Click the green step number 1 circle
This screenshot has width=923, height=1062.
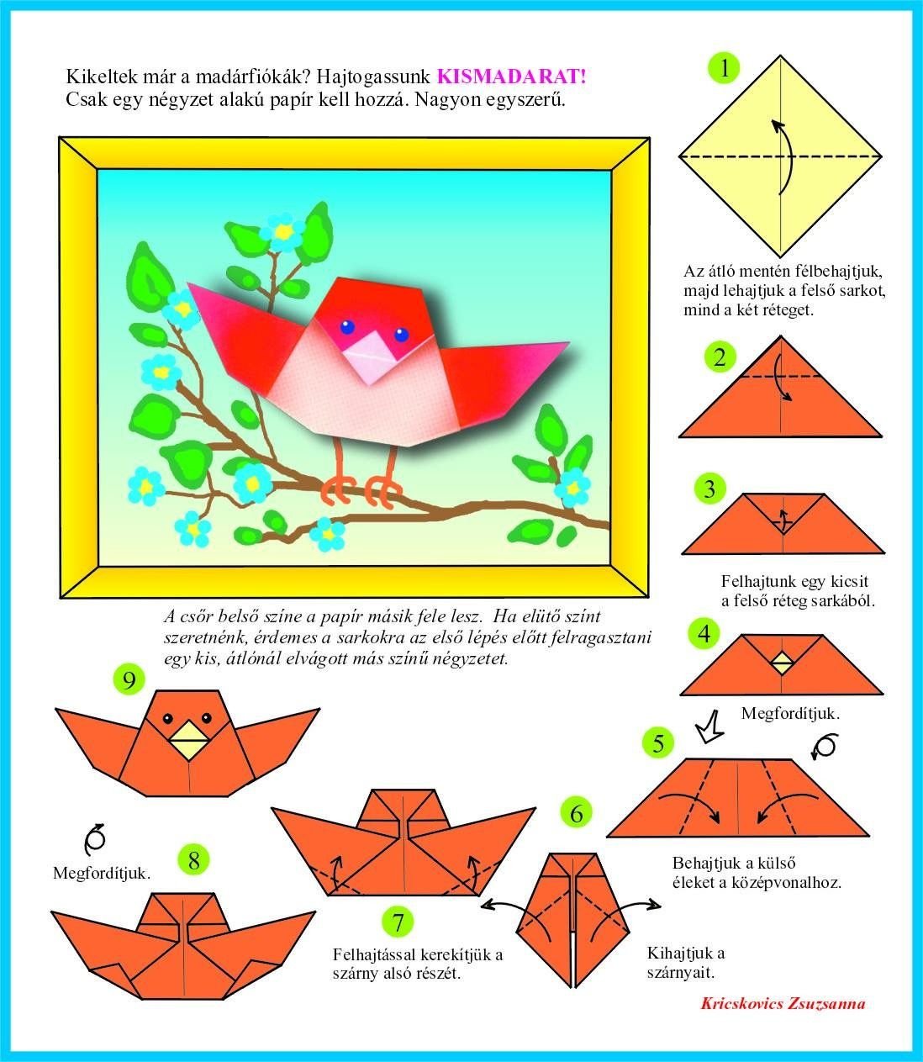coord(725,68)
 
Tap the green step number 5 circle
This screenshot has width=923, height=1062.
coord(658,743)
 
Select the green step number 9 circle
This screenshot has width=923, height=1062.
coord(129,679)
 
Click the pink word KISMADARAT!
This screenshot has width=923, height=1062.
coord(512,77)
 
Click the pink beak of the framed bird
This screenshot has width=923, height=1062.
coord(371,357)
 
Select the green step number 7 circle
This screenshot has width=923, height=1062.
coord(398,922)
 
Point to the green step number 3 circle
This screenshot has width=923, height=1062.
coord(709,489)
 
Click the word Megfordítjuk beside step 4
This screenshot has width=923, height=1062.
coord(790,713)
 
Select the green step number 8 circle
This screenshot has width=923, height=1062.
coord(193,860)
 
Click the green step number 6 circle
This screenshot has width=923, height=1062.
coord(577,814)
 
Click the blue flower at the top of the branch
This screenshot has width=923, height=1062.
coord(282,232)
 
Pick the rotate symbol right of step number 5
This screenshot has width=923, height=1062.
coord(824,747)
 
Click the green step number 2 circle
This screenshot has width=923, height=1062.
coord(720,357)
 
